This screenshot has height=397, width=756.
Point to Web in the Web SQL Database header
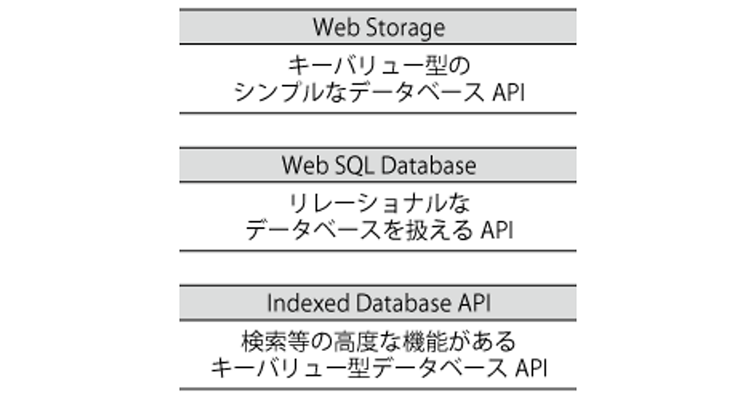tap(301, 166)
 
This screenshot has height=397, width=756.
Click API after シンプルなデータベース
tap(507, 93)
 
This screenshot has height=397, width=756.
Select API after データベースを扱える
tap(496, 231)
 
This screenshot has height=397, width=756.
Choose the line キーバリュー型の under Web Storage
tap(378, 66)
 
